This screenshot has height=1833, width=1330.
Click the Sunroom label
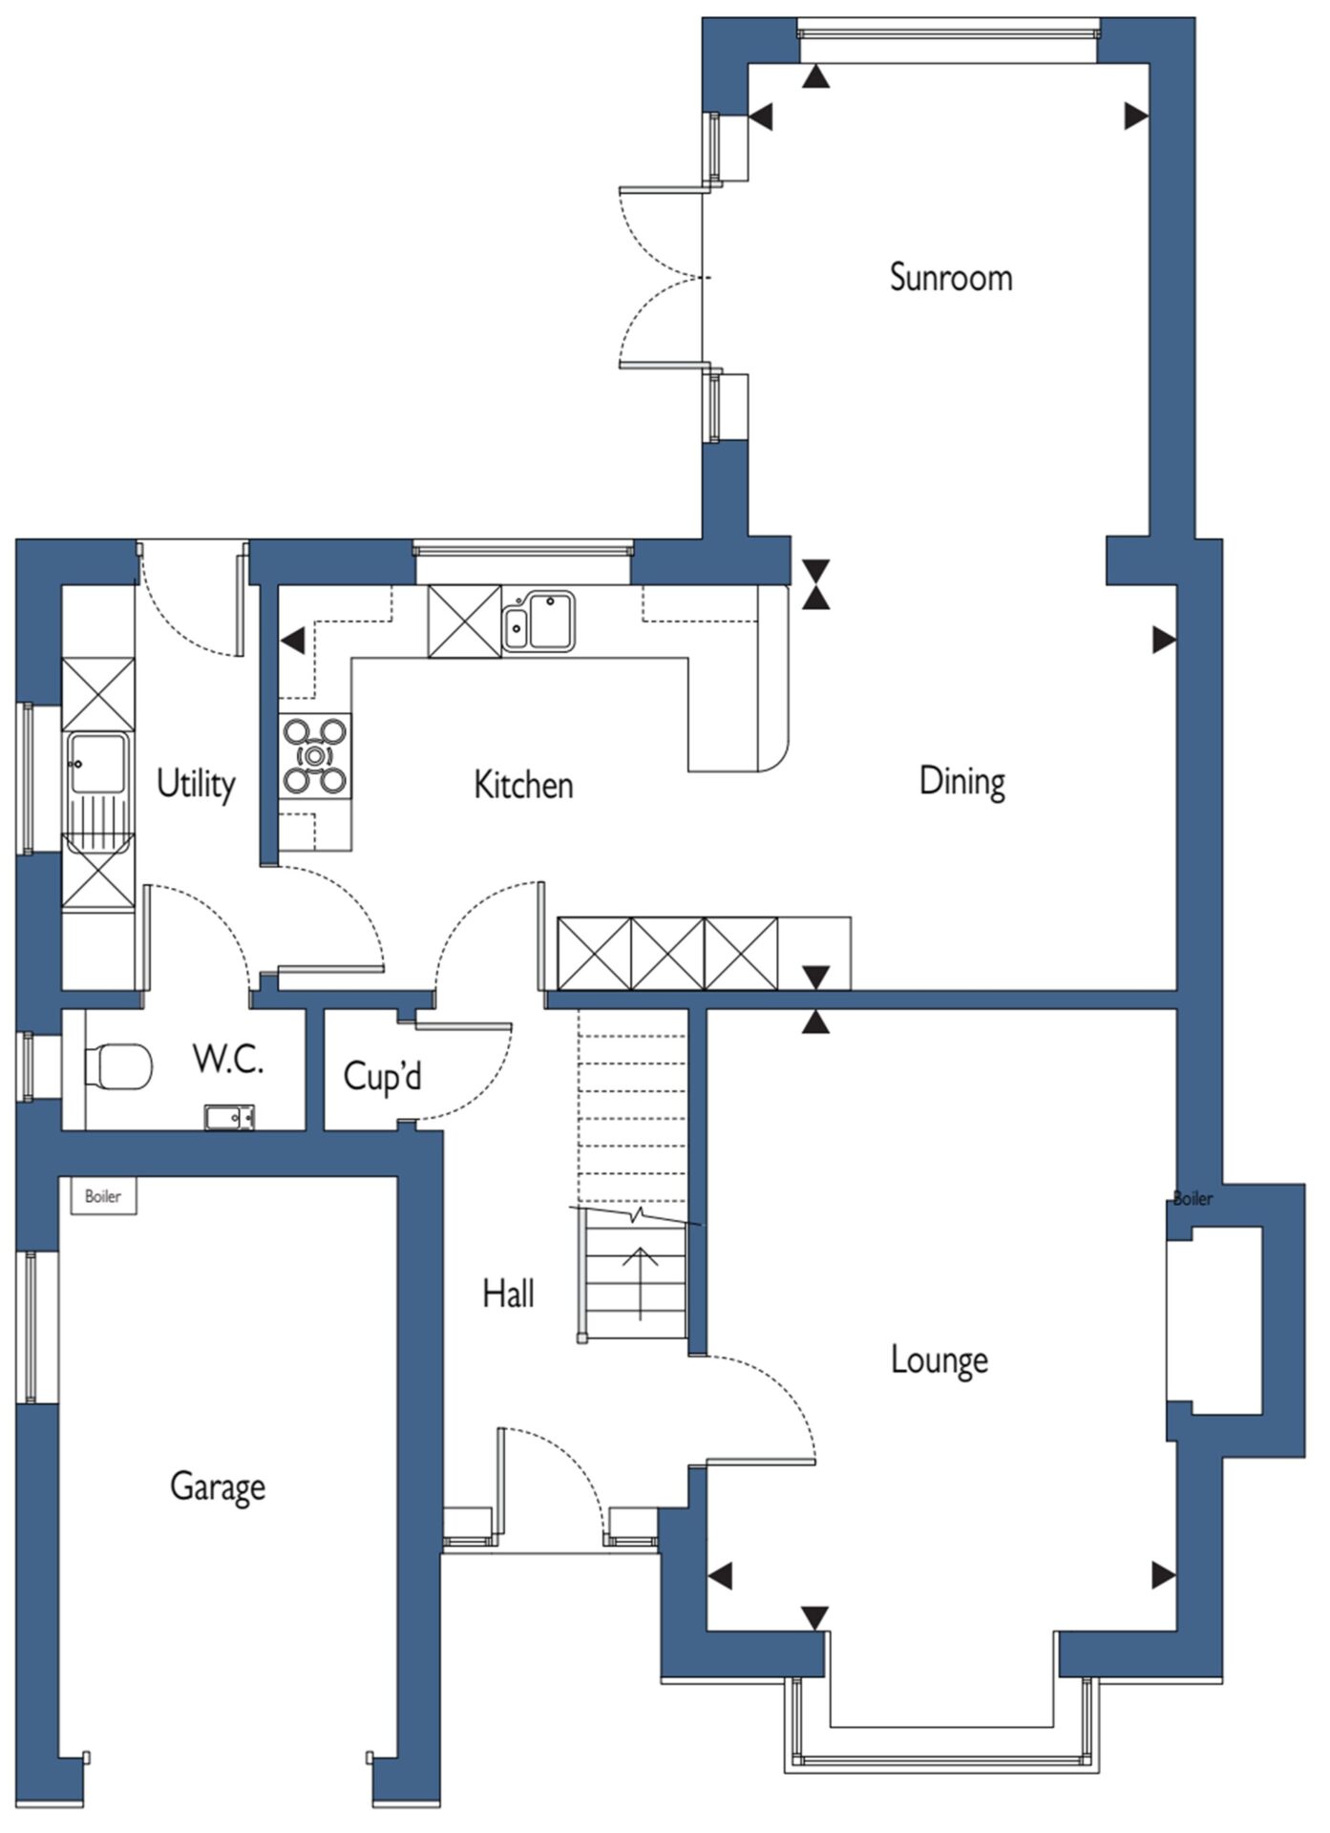tap(950, 277)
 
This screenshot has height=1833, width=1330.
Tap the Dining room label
tap(961, 782)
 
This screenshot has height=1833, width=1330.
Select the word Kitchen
tap(523, 785)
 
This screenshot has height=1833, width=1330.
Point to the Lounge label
tap(939, 1360)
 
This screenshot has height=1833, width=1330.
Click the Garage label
tap(218, 1486)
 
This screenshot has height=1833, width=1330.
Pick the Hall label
tap(508, 1294)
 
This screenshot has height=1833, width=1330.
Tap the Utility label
tap(196, 784)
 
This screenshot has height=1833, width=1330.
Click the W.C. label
tap(227, 1060)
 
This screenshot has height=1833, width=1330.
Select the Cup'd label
tap(382, 1076)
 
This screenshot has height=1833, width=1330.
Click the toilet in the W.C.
tap(118, 1065)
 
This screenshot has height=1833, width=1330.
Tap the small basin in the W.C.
tap(229, 1117)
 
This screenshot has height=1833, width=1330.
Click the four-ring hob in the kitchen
tap(314, 756)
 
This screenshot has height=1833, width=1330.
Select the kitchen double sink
tap(539, 621)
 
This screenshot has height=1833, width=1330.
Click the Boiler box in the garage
tap(103, 1196)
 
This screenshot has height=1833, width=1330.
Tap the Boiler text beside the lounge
tap(1193, 1199)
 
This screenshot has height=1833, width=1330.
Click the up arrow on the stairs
tap(640, 1282)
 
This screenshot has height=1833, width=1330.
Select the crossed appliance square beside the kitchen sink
tap(464, 622)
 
